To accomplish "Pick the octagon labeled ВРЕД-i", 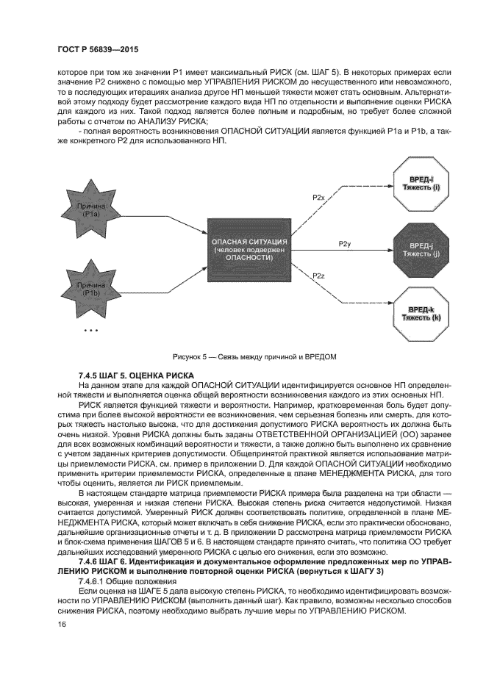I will [x=417, y=184].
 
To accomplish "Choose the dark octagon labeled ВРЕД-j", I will [x=417, y=249].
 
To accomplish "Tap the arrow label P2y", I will [x=344, y=242].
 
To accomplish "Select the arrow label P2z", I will [x=318, y=276].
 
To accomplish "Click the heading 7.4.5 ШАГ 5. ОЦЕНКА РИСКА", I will [x=136, y=375].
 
